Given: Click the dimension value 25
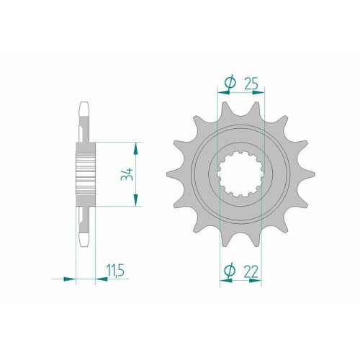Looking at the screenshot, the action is (251, 83).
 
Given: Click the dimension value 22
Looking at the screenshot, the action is (251, 271).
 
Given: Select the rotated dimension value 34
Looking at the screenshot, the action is (127, 174).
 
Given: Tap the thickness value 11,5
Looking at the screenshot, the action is (115, 271).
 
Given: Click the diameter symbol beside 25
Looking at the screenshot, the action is (230, 82).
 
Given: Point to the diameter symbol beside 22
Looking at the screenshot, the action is (229, 271).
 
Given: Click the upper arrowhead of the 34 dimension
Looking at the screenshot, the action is (135, 148).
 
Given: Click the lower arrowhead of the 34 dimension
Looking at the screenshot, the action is (135, 200).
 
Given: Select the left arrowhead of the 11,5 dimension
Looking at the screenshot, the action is (70, 279).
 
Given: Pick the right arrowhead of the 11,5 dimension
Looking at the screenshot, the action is (102, 279).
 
